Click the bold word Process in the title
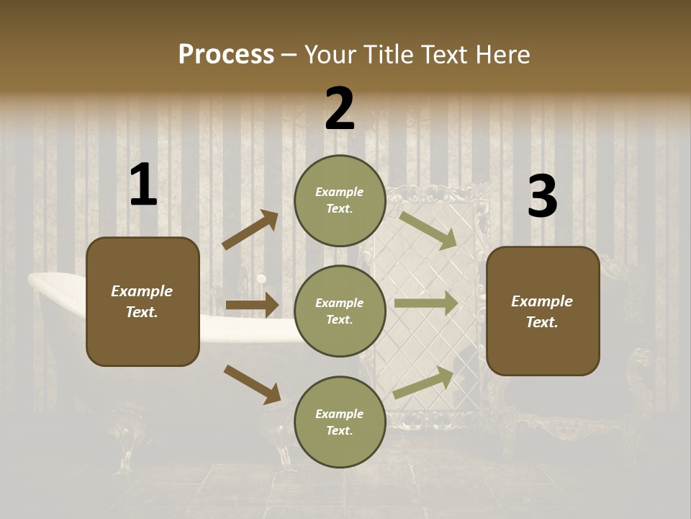226,55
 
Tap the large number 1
143,185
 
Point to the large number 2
340,109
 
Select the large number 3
542,197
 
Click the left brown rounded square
143,301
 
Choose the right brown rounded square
543,311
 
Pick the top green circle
340,200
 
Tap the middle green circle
340,311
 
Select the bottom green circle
340,422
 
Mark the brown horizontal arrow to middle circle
252,305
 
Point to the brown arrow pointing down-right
252,384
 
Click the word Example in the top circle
340,192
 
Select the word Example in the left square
142,291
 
